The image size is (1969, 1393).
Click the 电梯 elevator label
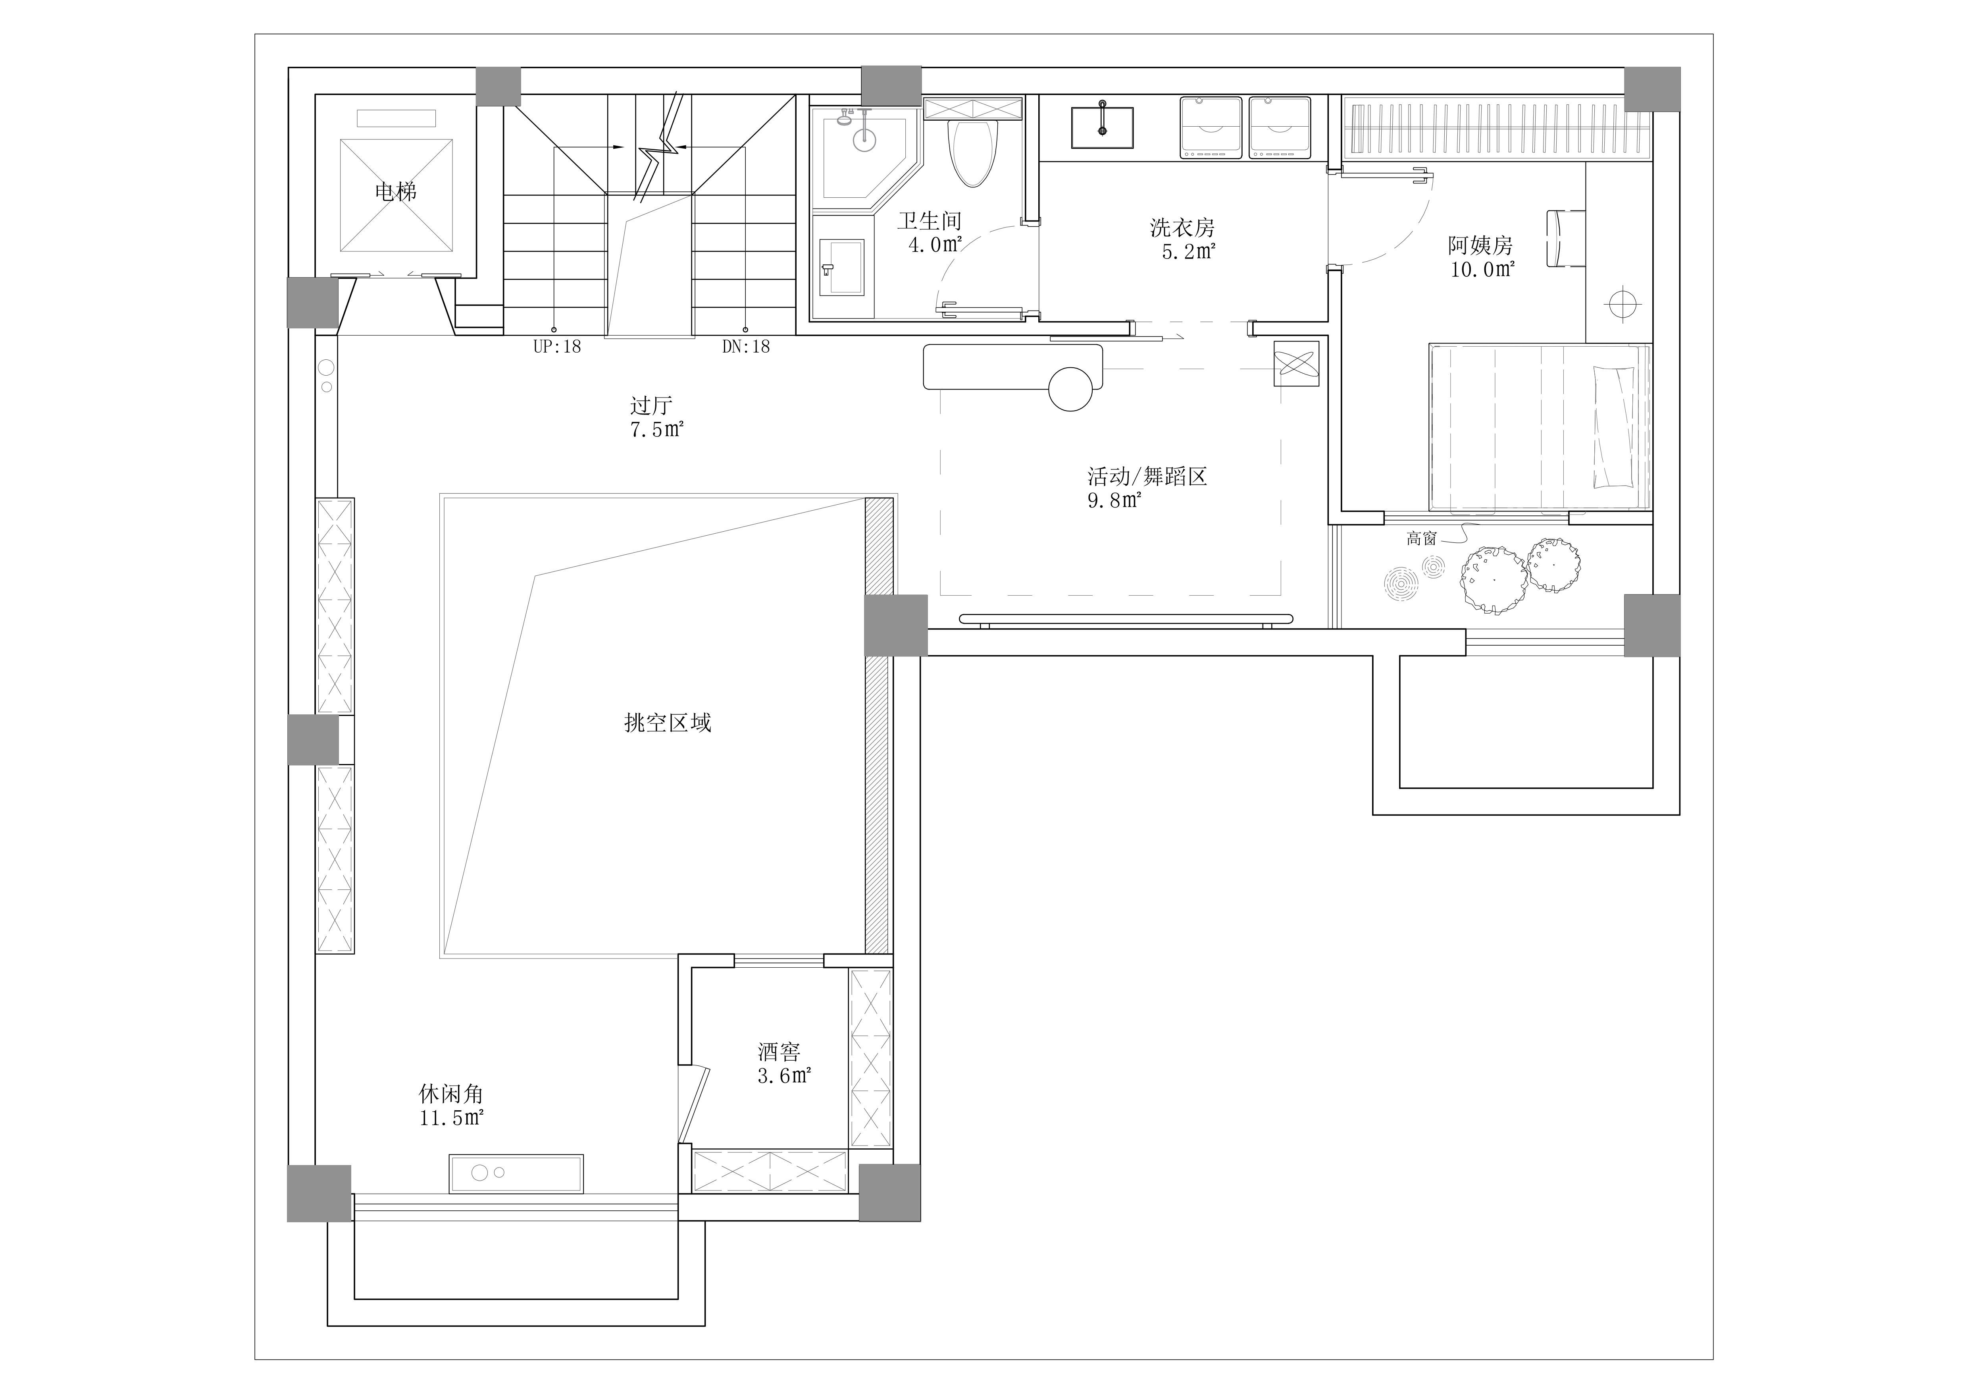[395, 191]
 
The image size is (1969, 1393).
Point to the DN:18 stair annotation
[746, 347]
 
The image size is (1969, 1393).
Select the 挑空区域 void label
[668, 723]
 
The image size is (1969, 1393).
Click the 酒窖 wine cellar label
[779, 1052]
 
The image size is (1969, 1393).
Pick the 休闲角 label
[451, 1094]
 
